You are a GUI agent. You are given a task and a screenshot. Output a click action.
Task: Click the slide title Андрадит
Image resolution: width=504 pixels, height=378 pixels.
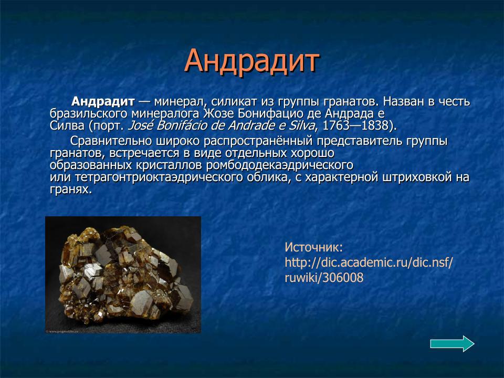coord(252,61)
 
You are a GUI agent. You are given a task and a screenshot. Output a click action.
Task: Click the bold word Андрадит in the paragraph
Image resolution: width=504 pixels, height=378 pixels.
coord(103,101)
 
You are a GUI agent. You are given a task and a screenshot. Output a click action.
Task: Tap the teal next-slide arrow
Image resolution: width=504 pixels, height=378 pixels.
coord(452,344)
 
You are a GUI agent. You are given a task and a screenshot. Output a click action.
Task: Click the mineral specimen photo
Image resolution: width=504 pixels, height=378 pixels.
coord(123,274)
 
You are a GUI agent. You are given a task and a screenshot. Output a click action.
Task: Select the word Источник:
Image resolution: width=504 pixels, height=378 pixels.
coord(313,247)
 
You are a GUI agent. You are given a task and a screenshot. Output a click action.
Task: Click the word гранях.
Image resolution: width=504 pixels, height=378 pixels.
coord(71,190)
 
